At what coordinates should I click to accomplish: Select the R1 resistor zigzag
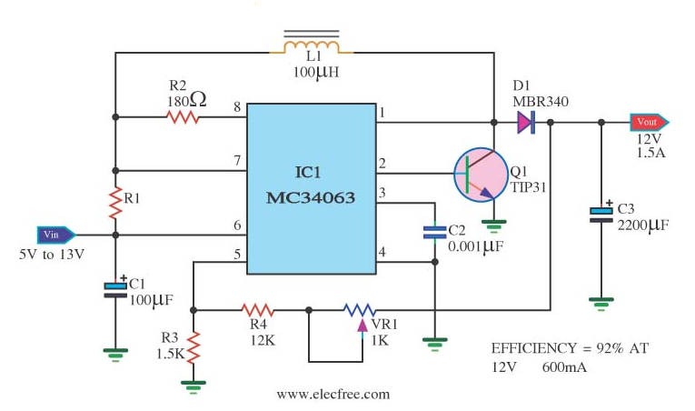point(115,203)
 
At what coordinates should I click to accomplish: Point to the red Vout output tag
point(649,122)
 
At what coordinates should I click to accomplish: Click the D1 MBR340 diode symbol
point(525,122)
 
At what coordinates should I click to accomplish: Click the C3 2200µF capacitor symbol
point(601,215)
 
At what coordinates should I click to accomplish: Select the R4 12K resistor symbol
point(256,310)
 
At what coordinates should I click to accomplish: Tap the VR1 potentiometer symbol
point(361,310)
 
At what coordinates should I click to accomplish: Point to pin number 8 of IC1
point(237,107)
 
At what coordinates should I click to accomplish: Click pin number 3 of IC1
point(382,193)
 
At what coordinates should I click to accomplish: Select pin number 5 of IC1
point(237,255)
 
